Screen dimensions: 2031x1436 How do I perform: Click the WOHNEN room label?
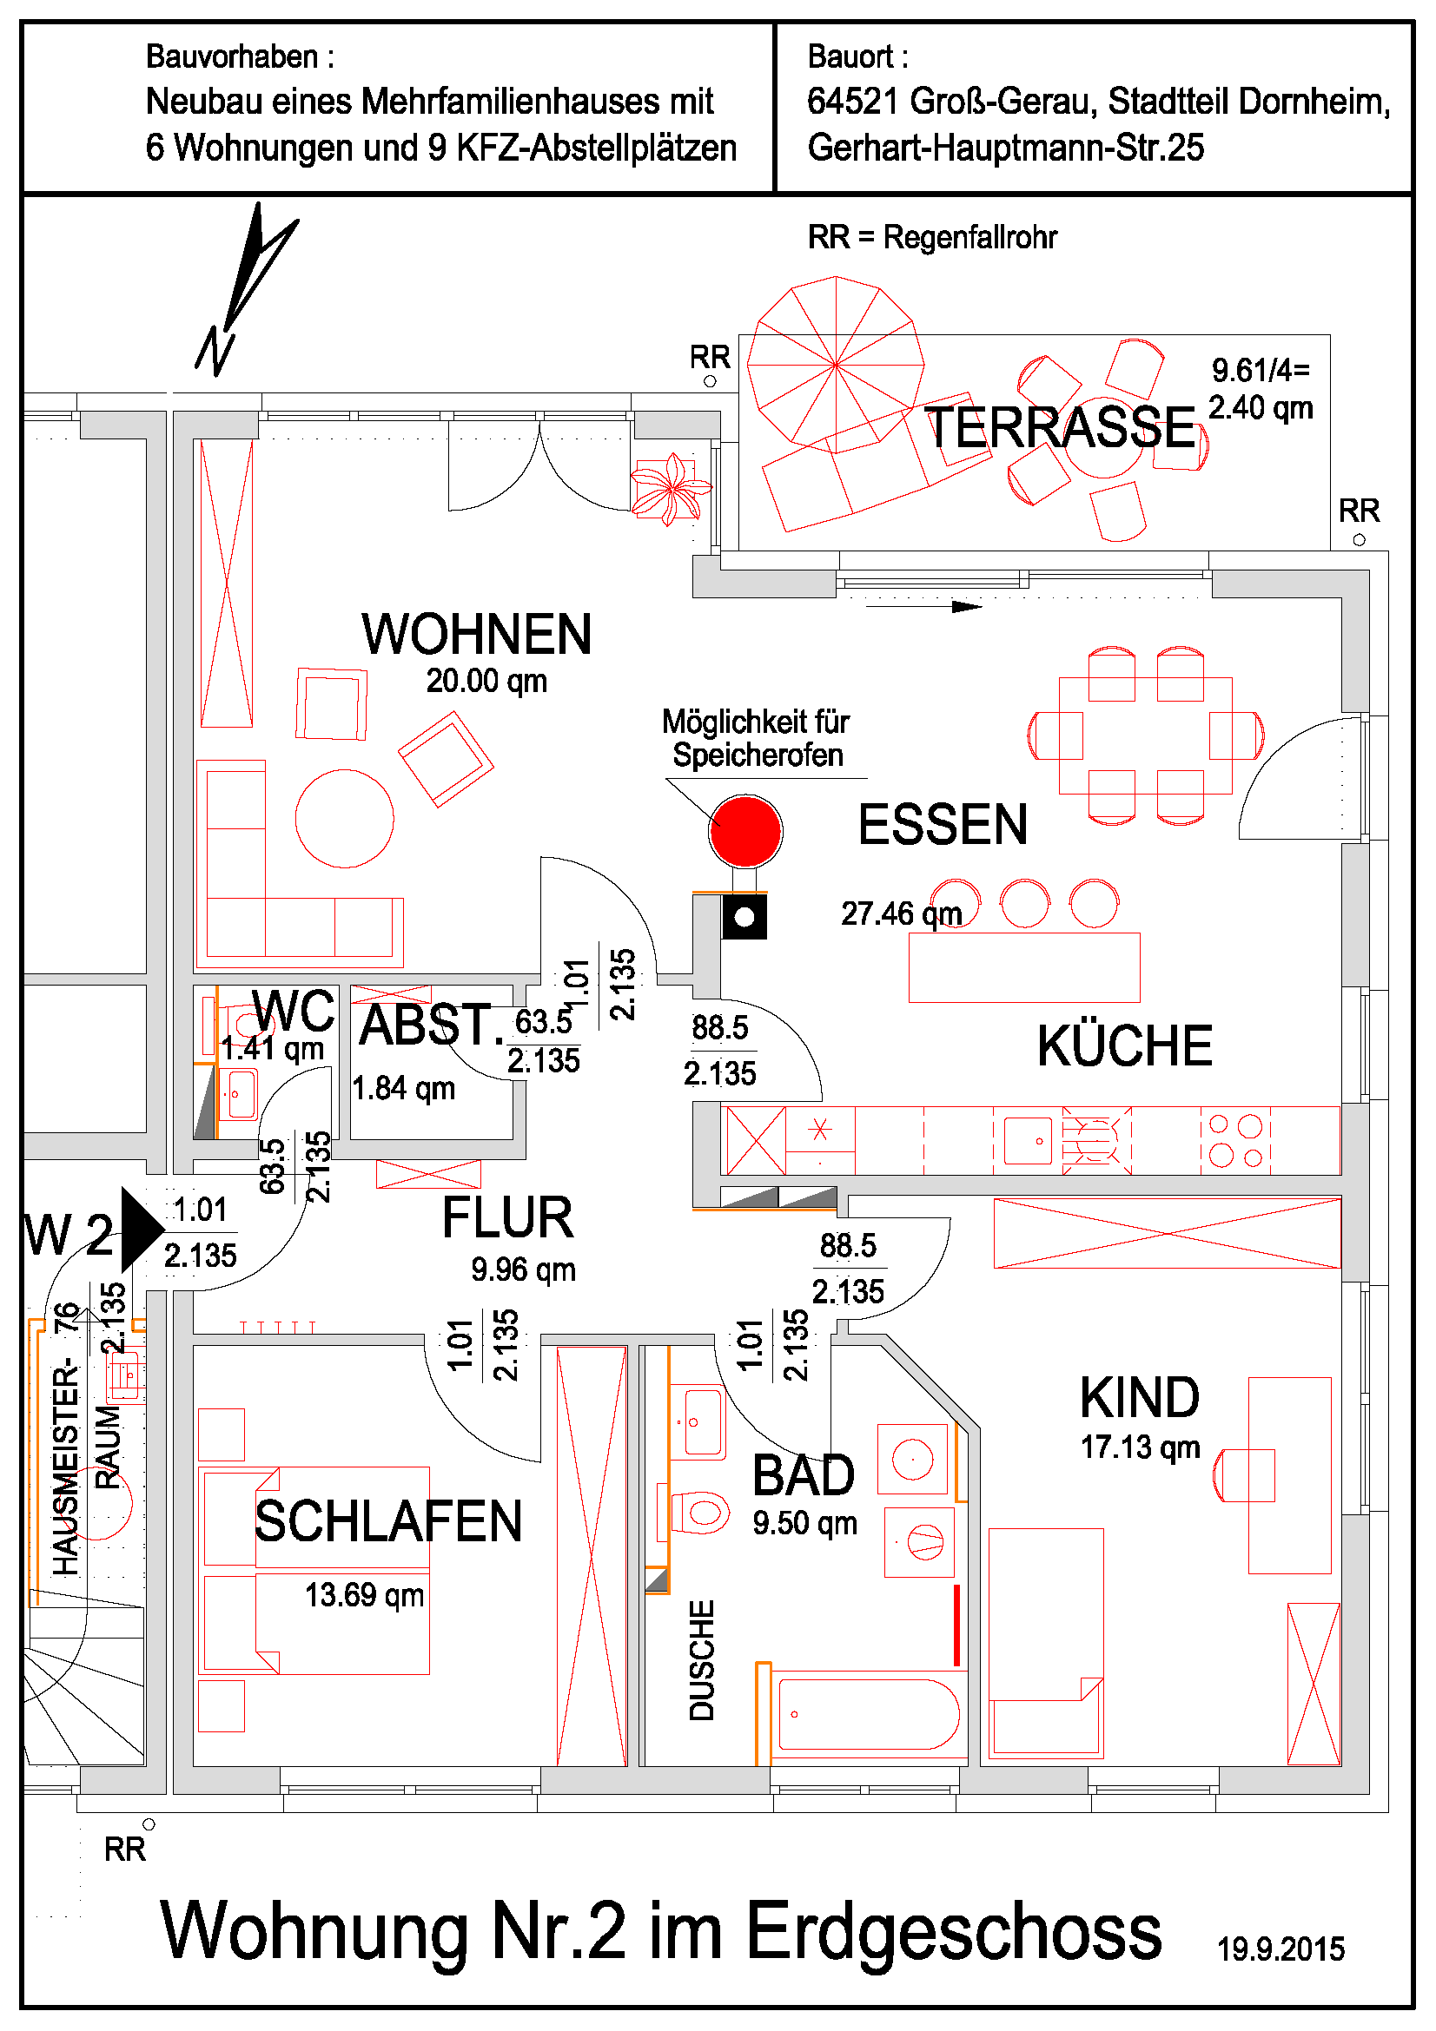click(476, 634)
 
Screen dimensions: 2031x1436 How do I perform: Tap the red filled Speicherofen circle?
click(745, 831)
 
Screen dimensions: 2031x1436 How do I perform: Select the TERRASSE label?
click(1060, 427)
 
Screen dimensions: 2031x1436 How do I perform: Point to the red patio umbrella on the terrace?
click(835, 364)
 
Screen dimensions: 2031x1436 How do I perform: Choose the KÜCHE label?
click(1123, 1045)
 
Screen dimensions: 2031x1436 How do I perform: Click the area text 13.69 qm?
click(364, 1595)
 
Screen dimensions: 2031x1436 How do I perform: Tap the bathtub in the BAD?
click(867, 1714)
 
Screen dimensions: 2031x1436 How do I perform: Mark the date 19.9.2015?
click(1280, 1949)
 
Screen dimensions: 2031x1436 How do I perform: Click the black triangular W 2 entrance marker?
click(139, 1229)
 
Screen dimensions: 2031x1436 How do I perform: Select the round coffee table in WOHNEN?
click(344, 818)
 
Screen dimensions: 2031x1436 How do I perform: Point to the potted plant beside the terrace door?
click(672, 487)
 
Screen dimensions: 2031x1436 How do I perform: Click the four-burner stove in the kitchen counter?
click(1235, 1140)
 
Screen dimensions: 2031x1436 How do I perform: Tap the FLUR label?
click(508, 1217)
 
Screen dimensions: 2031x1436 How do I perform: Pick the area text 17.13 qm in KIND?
click(1140, 1447)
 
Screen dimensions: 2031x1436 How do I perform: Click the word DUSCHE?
click(702, 1660)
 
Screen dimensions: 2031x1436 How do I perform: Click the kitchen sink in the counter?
click(1027, 1140)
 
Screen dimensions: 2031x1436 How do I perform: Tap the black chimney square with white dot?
click(744, 916)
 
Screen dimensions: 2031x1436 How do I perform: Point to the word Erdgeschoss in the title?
click(953, 1931)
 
